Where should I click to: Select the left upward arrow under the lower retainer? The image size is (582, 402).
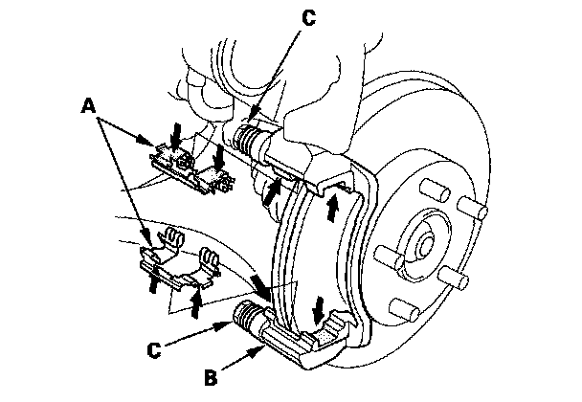[152, 279]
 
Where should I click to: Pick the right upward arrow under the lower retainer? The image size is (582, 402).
[197, 300]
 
